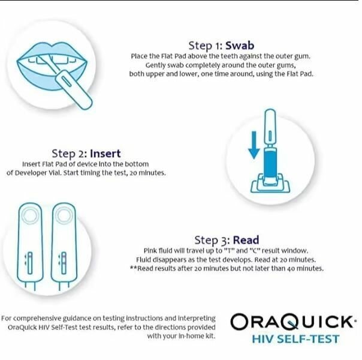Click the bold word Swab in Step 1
pyautogui.click(x=239, y=46)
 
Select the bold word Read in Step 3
pyautogui.click(x=246, y=239)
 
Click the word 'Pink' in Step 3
pyautogui.click(x=150, y=250)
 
